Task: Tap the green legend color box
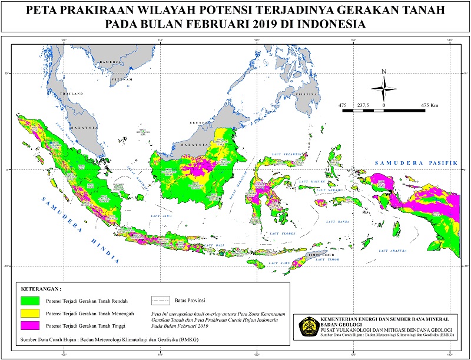click(29, 301)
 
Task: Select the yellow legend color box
click(29, 313)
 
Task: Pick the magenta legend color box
click(29, 325)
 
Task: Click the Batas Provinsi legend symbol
click(160, 301)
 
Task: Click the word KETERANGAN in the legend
click(41, 289)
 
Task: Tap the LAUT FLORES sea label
click(278, 234)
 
